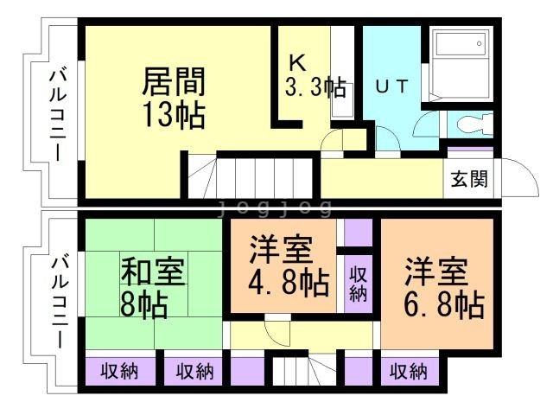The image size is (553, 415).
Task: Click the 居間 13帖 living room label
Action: (x=174, y=98)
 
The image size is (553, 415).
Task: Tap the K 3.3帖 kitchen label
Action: (x=315, y=76)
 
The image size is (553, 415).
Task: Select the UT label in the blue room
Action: (x=391, y=86)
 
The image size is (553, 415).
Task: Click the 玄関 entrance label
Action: (x=469, y=179)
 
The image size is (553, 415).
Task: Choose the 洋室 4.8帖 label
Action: (x=289, y=266)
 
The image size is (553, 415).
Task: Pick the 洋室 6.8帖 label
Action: (x=443, y=287)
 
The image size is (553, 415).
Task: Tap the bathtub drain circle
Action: (x=479, y=44)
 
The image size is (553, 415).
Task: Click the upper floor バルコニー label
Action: (x=58, y=115)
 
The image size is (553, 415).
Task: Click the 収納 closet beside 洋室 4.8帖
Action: (x=359, y=284)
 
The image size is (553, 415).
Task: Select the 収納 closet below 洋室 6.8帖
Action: (x=409, y=372)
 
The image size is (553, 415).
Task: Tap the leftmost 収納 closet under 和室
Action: (x=120, y=372)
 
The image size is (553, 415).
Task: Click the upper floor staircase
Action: (x=251, y=177)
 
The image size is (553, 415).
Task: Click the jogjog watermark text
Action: (x=275, y=207)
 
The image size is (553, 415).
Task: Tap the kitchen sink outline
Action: (x=343, y=100)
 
